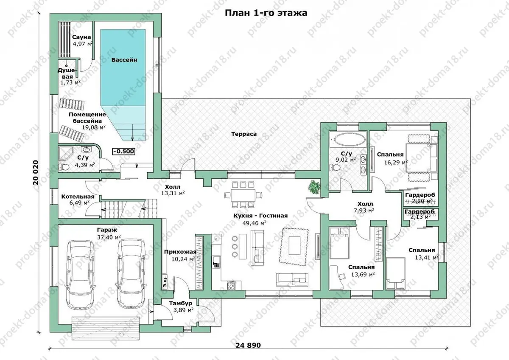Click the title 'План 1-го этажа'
pos(266,13)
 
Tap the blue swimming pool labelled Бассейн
pos(123,84)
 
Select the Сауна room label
pos(81,37)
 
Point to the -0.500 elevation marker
pos(123,151)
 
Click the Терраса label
pos(244,134)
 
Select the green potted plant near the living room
pos(314,187)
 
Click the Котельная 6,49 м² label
pos(78,200)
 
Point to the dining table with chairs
pos(243,195)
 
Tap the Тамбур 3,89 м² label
pos(181,307)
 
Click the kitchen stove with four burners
pos(231,285)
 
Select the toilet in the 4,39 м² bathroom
pos(64,167)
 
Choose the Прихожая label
pos(180,252)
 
